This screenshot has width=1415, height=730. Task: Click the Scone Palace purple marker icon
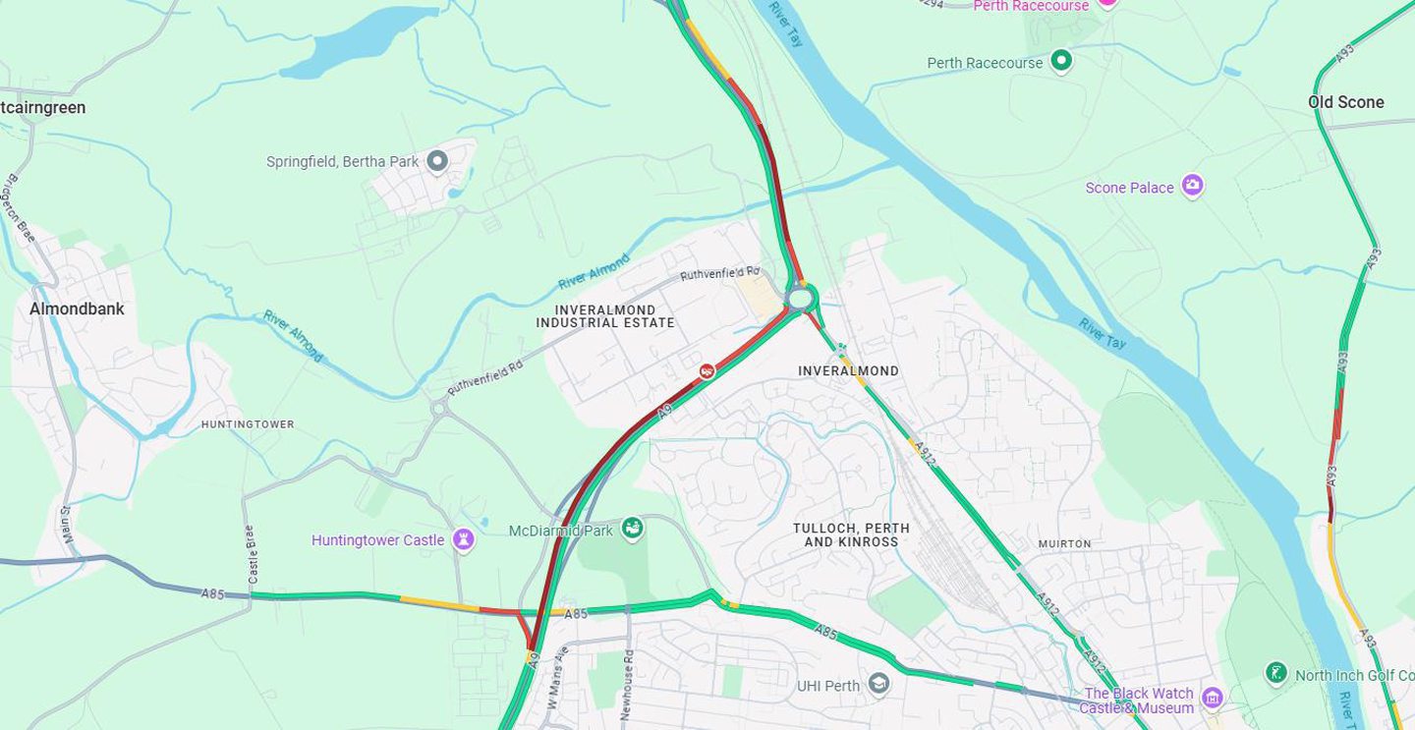pos(1192,186)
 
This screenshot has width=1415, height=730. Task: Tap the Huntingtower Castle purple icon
pos(463,539)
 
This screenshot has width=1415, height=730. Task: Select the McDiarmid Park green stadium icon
pos(633,530)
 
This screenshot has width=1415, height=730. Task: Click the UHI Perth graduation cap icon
pos(878,685)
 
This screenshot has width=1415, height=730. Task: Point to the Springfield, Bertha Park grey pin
pos(437,161)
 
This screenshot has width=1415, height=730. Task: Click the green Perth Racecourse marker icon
pos(1061,62)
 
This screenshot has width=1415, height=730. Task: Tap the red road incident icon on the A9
pos(706,370)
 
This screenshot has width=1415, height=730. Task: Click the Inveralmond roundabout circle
pos(801,297)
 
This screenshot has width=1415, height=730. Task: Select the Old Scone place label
pos(1345,102)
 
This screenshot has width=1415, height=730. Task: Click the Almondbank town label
pos(77,309)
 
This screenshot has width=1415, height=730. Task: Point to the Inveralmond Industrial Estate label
pos(605,316)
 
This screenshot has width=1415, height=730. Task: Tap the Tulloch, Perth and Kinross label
pos(851,534)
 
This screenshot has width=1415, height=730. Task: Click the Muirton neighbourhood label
pos(1064,543)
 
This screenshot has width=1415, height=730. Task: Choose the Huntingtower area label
pos(248,424)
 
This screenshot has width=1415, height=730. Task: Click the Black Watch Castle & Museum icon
pos(1212,699)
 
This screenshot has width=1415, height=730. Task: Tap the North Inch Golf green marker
pos(1275,674)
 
